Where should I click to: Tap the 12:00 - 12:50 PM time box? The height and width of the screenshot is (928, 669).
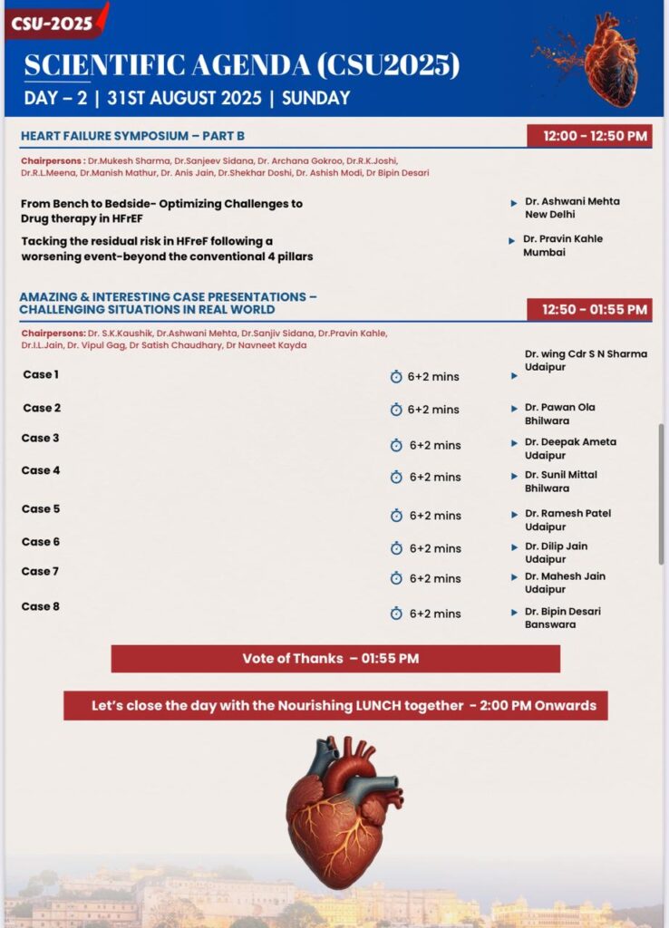click(589, 136)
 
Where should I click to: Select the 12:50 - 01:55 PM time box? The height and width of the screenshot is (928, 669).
click(589, 310)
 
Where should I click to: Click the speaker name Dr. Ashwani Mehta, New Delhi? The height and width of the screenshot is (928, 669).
click(572, 208)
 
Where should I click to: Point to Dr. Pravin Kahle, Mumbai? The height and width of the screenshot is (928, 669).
click(562, 246)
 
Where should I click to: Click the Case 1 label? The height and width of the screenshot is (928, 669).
click(41, 374)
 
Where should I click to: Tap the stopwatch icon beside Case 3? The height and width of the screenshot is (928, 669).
click(396, 445)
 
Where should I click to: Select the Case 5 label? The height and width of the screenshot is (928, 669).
click(41, 509)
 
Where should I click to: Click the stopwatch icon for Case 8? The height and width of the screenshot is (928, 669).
click(396, 614)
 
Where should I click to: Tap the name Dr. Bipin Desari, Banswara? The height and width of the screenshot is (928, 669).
click(562, 618)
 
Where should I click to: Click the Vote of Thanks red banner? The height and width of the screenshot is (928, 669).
click(334, 659)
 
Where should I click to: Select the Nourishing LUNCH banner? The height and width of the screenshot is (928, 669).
click(334, 705)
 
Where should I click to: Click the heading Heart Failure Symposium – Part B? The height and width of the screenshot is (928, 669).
click(132, 136)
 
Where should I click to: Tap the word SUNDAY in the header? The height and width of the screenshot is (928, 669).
click(315, 98)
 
